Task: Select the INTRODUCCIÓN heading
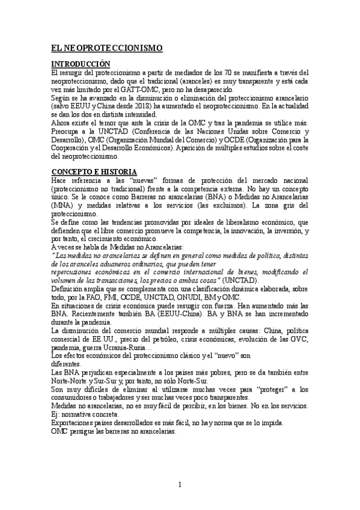[x=81, y=64]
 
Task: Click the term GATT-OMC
[x=124, y=88]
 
